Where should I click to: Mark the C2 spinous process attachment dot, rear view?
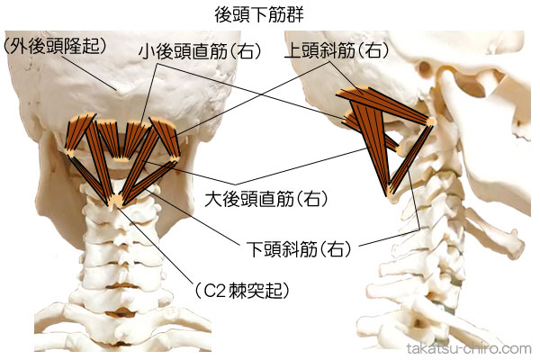point(115,200)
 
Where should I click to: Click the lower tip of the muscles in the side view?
point(389,191)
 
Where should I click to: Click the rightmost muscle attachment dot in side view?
point(430,121)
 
